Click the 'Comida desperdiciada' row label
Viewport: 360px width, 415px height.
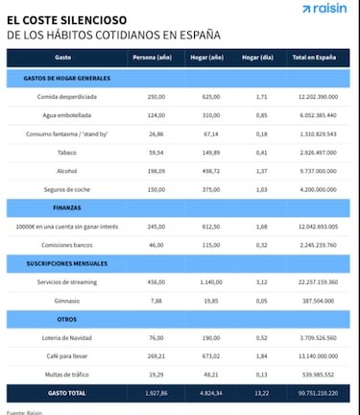click(64, 96)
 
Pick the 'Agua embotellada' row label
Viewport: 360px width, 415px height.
click(64, 114)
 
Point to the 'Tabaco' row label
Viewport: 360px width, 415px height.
click(64, 151)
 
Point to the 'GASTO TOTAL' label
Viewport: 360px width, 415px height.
click(64, 393)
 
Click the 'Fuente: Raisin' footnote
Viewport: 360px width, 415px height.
click(26, 411)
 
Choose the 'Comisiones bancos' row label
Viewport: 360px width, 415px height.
click(64, 243)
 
